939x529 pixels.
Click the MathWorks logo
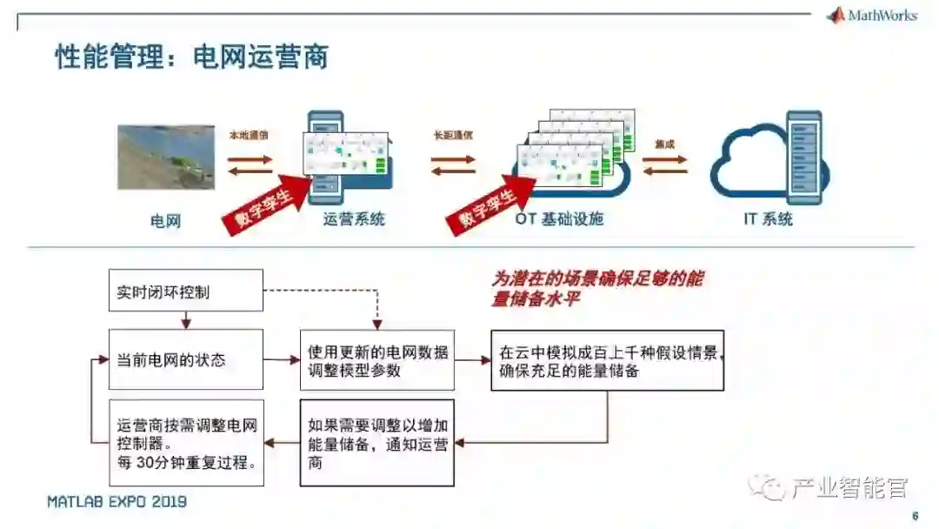coord(872,16)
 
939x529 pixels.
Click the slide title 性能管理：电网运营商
coord(191,57)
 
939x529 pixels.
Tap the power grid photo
coord(166,157)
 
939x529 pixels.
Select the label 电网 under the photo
coord(165,221)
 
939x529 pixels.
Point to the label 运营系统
coord(354,219)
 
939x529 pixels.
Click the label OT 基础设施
coord(559,219)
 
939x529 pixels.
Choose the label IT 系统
coord(768,219)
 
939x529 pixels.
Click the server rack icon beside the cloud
coord(803,157)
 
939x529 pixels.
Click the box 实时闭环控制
coord(185,291)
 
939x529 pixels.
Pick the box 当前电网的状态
coord(185,358)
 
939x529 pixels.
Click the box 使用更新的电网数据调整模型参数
coord(376,359)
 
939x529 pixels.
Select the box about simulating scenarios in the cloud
coord(607,359)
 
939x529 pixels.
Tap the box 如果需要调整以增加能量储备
coord(376,442)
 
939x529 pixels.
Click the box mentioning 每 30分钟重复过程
coord(185,442)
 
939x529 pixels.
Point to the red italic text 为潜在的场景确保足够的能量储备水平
coord(597,288)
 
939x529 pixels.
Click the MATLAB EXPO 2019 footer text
coord(117,502)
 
